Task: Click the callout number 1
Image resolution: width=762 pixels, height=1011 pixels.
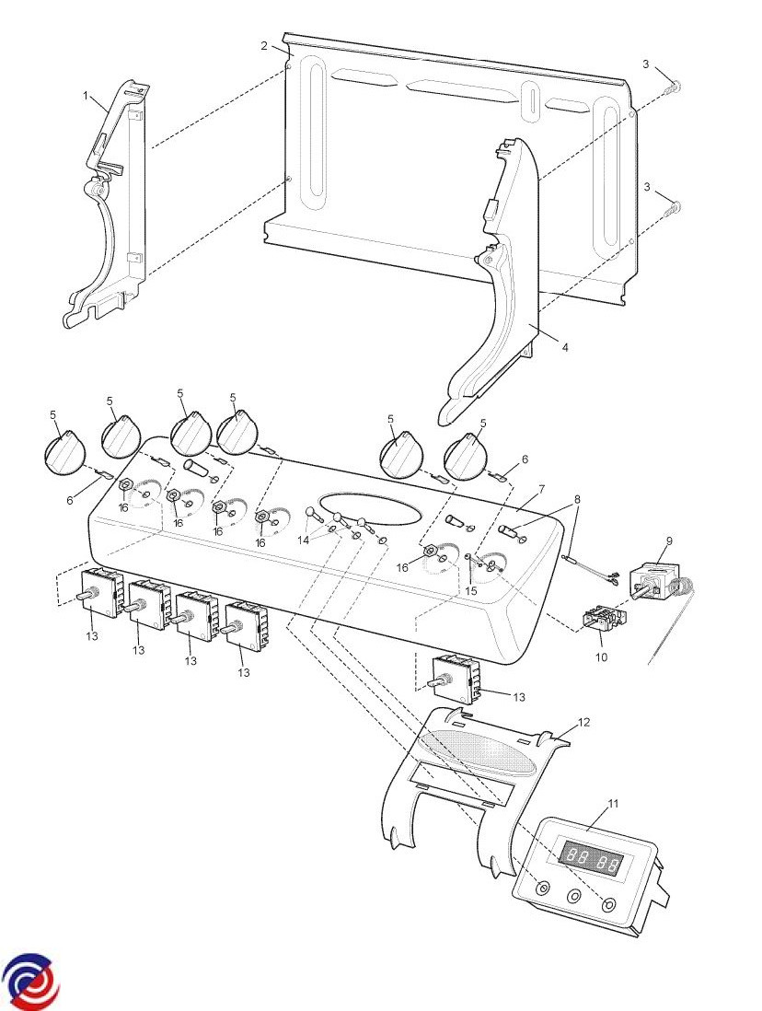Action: pos(87,95)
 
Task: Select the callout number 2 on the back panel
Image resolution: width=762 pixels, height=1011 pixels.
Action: pos(264,45)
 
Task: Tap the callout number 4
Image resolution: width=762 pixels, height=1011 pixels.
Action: pos(564,347)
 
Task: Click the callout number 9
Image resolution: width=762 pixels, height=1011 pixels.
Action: pos(669,540)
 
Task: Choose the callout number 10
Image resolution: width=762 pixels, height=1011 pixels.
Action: pos(602,657)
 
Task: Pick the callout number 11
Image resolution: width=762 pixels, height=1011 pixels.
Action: pos(614,803)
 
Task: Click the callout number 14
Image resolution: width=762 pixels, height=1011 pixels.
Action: pos(305,540)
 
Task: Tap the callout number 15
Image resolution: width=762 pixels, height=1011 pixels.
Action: pos(470,590)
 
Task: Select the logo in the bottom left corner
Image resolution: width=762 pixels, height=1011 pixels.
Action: pos(30,982)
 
